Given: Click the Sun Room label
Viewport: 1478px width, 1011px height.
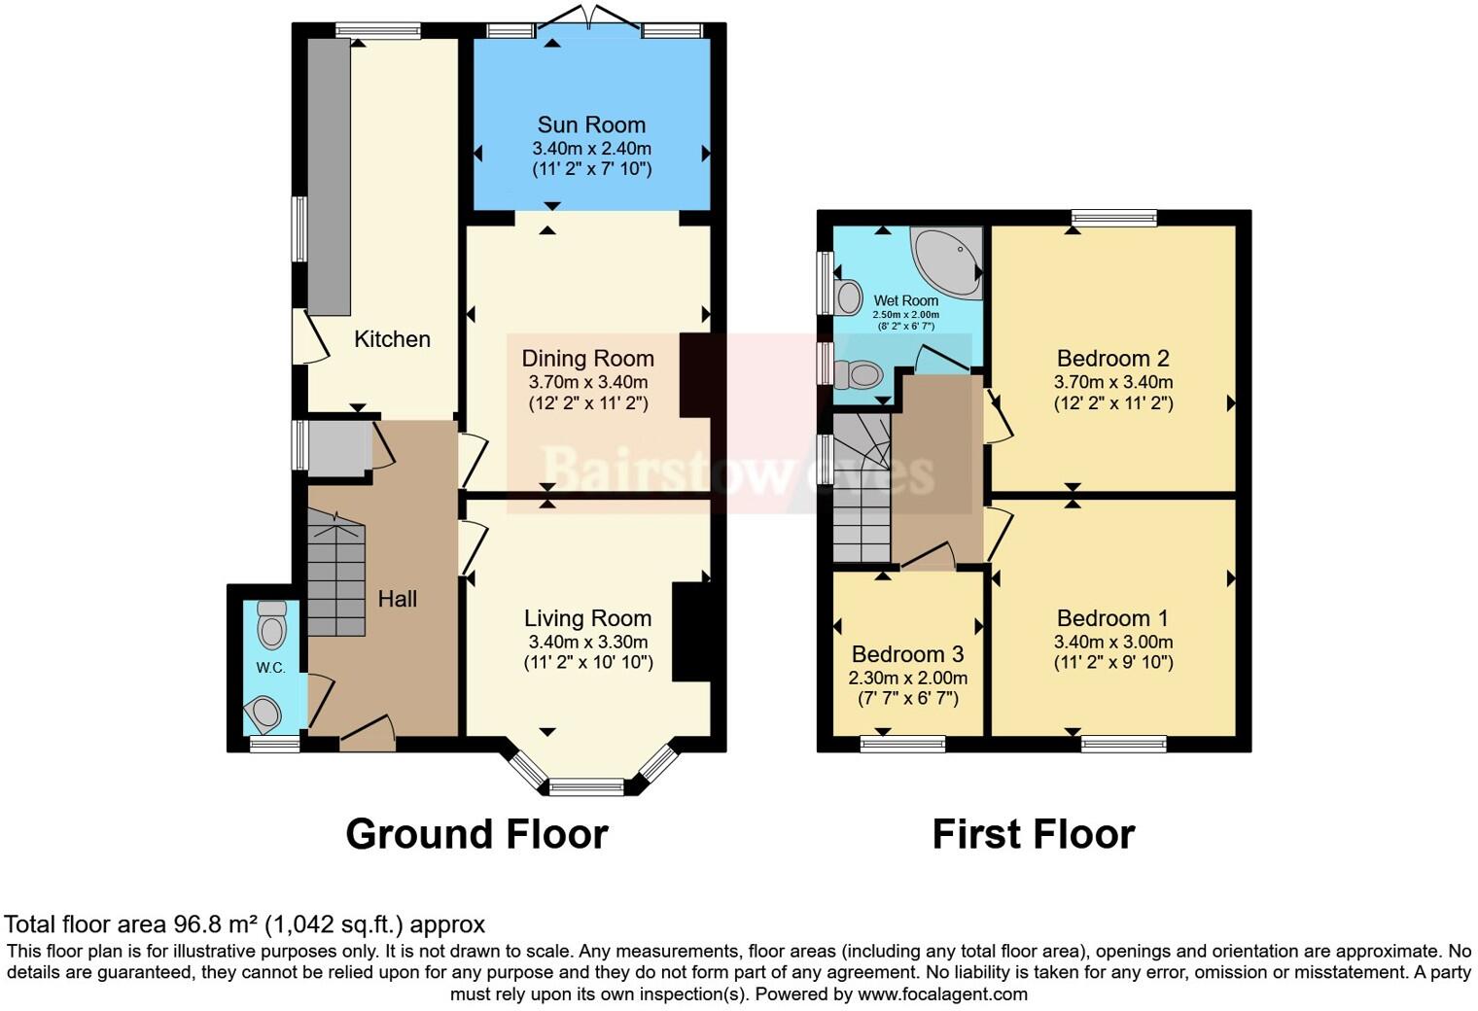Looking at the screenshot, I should pyautogui.click(x=591, y=124).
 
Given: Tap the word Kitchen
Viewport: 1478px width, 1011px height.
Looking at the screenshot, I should pyautogui.click(x=392, y=339).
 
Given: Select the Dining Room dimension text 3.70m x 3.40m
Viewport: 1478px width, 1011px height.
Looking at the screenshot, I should pyautogui.click(x=587, y=382).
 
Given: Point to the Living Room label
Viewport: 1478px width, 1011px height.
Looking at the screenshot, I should pyautogui.click(x=587, y=618).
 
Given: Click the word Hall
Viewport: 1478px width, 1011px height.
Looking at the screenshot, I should pyautogui.click(x=397, y=599).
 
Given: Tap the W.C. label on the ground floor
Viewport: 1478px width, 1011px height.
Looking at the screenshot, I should pyautogui.click(x=270, y=667).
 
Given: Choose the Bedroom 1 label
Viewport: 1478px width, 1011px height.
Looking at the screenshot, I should pyautogui.click(x=1112, y=618).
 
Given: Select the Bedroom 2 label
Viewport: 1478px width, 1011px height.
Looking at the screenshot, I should pyautogui.click(x=1112, y=358).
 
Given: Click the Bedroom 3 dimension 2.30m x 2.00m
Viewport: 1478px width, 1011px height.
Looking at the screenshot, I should pyautogui.click(x=907, y=678).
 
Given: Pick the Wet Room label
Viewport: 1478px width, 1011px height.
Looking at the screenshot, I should pyautogui.click(x=905, y=300).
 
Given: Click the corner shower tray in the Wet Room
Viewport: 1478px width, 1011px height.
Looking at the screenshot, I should pyautogui.click(x=949, y=259).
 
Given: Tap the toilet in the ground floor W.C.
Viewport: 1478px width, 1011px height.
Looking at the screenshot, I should pyautogui.click(x=272, y=625).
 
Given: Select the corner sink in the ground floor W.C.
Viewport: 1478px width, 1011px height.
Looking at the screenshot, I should pyautogui.click(x=264, y=715).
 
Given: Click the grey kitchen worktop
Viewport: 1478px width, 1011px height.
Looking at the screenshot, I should pyautogui.click(x=329, y=175).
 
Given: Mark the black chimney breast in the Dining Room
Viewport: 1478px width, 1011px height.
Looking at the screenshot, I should pyautogui.click(x=695, y=375).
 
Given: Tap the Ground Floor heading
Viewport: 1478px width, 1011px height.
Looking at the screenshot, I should pyautogui.click(x=476, y=834).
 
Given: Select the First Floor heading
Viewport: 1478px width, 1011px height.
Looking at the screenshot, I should pyautogui.click(x=1033, y=834).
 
